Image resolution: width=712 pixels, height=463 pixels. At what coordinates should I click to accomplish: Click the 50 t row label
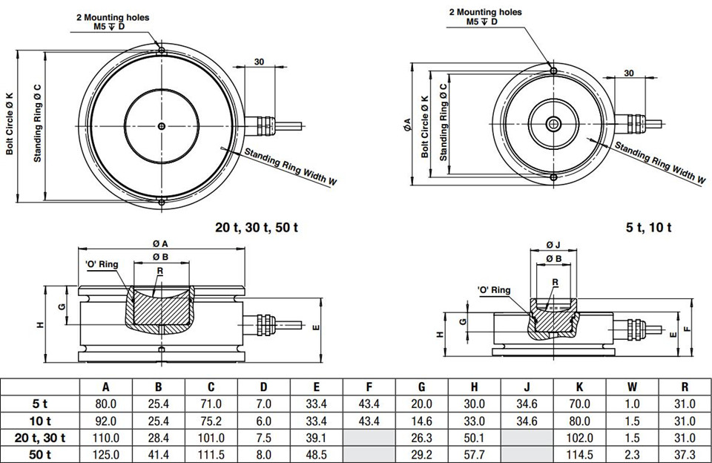40,454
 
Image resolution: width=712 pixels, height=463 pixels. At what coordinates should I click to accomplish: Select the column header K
579,387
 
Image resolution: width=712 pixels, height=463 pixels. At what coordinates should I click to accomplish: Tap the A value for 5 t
106,404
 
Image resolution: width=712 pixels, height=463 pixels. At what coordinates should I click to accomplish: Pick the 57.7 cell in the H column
474,454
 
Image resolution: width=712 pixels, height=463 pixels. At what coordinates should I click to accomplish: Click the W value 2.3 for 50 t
632,454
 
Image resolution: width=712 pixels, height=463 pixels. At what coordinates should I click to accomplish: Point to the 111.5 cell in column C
211,454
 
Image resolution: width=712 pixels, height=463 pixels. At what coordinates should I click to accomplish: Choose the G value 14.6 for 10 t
421,421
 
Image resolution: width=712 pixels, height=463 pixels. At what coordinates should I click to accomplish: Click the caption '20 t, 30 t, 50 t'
257,227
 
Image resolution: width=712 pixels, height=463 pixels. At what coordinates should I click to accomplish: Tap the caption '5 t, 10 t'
648,227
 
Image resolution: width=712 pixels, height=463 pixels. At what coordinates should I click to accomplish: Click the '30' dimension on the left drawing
259,62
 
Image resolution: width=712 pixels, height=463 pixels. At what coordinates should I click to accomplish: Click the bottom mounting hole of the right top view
553,177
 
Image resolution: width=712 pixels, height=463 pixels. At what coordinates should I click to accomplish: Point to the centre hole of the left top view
161,126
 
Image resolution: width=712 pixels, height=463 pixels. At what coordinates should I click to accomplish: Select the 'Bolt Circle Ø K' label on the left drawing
10,124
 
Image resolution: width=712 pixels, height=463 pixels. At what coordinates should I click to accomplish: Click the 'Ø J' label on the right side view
553,246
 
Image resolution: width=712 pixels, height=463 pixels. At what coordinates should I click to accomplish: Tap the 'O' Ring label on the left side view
102,264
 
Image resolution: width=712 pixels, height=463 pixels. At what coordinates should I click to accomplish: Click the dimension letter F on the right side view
687,328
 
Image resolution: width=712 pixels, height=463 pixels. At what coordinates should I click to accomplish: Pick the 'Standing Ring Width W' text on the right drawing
660,162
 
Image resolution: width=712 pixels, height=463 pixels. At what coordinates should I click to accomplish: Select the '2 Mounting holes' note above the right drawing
485,13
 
